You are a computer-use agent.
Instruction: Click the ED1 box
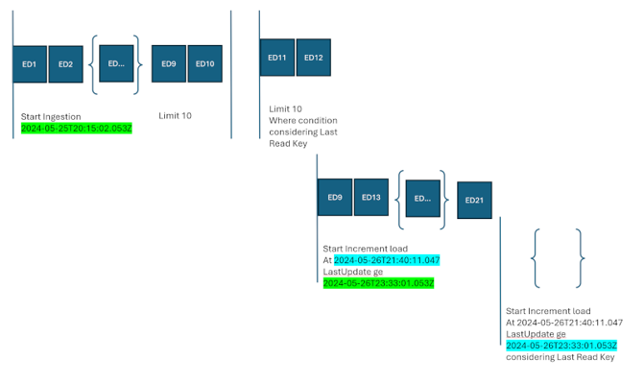(x=30, y=64)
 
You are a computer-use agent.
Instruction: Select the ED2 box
(x=65, y=64)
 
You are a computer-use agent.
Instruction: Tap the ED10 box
(x=204, y=63)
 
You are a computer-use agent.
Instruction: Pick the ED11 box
(x=277, y=58)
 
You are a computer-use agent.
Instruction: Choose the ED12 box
(x=313, y=58)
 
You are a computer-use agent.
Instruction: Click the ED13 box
(x=371, y=197)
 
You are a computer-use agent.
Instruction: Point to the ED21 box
(x=474, y=200)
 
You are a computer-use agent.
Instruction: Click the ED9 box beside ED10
(x=169, y=63)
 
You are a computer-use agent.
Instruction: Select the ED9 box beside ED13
(x=335, y=197)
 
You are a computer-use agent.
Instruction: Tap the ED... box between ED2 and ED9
(x=116, y=63)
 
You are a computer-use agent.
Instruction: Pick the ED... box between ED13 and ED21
(x=421, y=198)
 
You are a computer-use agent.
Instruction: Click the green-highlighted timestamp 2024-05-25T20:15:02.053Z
(x=76, y=128)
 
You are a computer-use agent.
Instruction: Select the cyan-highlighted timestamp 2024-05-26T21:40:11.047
(x=387, y=259)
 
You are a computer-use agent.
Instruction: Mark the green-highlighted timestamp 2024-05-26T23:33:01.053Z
(x=378, y=283)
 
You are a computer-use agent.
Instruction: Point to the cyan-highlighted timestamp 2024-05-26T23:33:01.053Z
(x=561, y=345)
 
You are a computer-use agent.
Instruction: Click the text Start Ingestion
(x=52, y=115)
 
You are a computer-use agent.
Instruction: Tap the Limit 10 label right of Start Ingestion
(x=175, y=115)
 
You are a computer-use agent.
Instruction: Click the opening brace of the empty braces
(x=538, y=257)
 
